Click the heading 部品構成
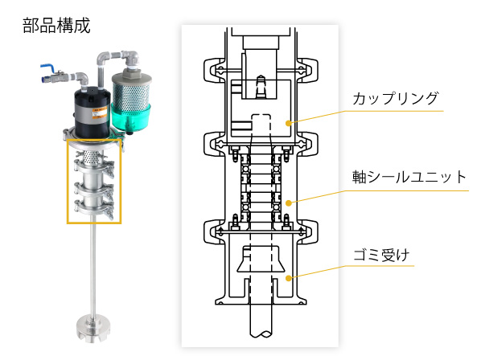click(x=56, y=25)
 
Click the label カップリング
click(x=396, y=99)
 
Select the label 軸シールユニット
click(x=409, y=177)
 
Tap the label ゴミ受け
click(x=381, y=255)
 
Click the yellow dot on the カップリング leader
click(x=288, y=123)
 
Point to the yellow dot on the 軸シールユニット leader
click(x=288, y=202)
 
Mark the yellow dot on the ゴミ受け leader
click(x=288, y=278)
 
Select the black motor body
click(x=92, y=112)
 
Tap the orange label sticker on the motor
click(x=100, y=113)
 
